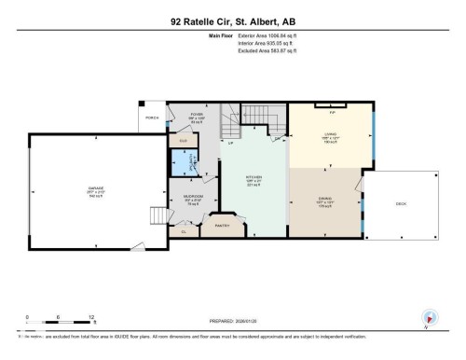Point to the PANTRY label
tap(223, 225)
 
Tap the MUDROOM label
tap(194, 197)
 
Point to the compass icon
tap(427, 317)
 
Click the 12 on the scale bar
tap(89, 316)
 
